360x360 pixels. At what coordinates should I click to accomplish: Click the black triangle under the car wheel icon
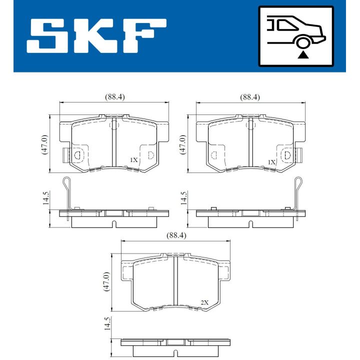click(302, 54)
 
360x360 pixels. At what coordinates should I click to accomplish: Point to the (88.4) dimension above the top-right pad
click(250, 97)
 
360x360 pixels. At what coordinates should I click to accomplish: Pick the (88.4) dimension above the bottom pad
click(176, 235)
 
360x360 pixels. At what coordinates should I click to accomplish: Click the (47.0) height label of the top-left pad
click(44, 144)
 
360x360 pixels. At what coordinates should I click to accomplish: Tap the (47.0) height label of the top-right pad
click(182, 144)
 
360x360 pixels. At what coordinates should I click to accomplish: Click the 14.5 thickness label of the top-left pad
click(45, 198)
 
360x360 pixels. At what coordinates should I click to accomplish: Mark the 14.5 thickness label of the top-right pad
click(183, 198)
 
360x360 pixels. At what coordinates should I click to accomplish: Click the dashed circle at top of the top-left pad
click(113, 125)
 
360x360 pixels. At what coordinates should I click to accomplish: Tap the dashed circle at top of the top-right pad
click(250, 125)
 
